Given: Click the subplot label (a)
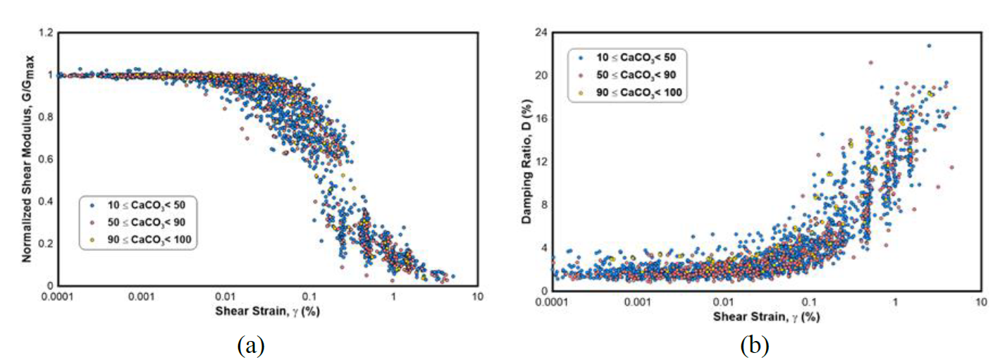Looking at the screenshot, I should tap(251, 346).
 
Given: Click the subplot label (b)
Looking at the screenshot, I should tap(754, 346).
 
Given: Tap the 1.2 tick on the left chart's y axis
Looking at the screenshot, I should tap(45, 32).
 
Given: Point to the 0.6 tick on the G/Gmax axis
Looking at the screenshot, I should tap(45, 159).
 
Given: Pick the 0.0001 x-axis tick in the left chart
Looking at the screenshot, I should tap(59, 297).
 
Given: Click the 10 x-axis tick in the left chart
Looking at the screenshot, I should tap(478, 297).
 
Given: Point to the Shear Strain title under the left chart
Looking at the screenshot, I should tap(268, 311).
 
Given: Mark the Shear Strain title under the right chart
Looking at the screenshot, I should tap(767, 316).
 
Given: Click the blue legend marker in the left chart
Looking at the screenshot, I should tap(94, 206).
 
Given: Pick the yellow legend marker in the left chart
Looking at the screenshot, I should tap(94, 240).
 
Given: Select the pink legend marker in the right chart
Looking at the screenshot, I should tap(580, 74).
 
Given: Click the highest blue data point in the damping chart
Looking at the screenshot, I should tap(929, 46).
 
